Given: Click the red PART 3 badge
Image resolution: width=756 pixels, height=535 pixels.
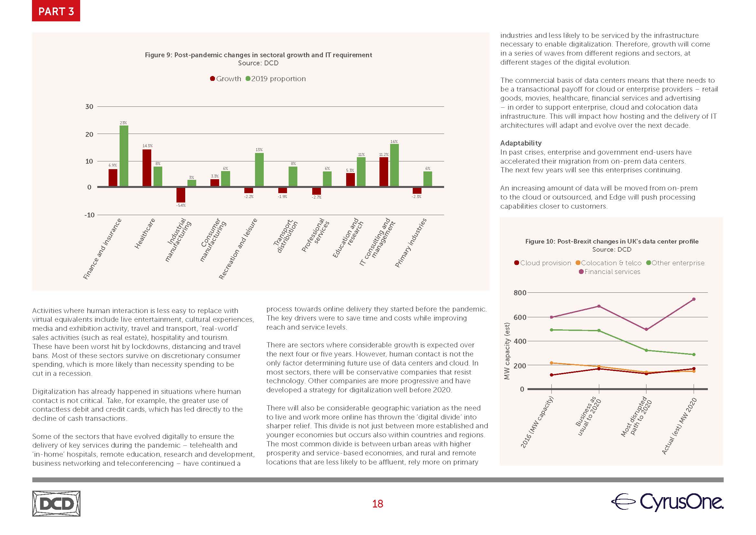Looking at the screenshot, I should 56,11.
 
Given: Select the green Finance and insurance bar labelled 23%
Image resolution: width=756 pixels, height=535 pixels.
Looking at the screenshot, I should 124,156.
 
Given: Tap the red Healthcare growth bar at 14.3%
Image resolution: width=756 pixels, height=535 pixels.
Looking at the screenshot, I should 147,168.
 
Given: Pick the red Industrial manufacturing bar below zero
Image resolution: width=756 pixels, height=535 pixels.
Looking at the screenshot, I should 181,195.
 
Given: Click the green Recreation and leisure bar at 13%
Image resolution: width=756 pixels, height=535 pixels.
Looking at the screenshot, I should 259,170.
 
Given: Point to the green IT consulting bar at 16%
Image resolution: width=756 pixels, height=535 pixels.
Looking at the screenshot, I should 394,165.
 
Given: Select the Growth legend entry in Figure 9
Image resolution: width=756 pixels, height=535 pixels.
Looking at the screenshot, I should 226,79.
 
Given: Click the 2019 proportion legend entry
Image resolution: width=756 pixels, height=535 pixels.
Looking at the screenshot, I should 276,79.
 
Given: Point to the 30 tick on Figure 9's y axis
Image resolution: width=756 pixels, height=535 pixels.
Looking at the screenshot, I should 89,107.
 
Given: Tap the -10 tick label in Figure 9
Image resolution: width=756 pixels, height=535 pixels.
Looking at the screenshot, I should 89,215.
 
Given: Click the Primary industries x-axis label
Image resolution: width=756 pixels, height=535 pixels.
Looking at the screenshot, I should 411,243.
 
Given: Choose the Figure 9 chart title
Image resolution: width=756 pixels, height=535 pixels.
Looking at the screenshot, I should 259,55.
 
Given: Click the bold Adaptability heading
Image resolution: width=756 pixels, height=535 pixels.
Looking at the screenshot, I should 521,143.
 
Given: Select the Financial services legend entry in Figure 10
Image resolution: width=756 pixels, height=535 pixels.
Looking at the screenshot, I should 610,272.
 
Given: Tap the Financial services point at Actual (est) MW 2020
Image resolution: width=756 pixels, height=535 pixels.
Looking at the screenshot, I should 694,299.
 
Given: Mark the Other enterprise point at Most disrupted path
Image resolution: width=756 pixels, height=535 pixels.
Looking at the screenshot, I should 646,350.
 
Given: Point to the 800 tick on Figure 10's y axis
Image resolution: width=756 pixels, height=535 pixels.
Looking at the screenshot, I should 520,292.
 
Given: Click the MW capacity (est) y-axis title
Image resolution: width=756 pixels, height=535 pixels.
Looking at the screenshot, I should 507,351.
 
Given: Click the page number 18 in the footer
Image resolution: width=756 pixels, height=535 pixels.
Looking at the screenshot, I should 378,504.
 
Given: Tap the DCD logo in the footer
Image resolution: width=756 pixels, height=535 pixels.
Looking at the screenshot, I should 56,504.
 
